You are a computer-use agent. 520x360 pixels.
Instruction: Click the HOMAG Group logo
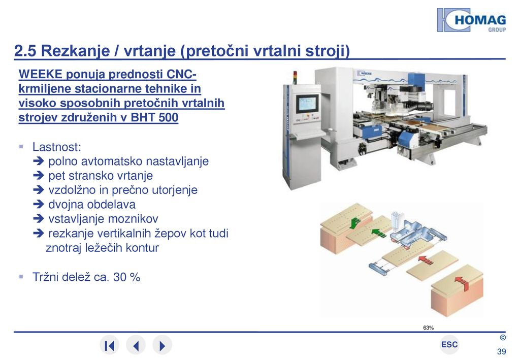(x=472, y=20)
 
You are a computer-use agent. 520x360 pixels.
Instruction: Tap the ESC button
(x=449, y=345)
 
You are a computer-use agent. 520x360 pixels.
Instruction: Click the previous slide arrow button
(x=136, y=345)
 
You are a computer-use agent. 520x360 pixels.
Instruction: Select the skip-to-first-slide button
(x=110, y=345)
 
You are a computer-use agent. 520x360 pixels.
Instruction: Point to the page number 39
(x=501, y=352)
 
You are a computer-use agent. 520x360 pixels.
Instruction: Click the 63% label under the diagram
(x=428, y=328)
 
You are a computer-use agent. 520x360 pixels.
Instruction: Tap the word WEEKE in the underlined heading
(x=41, y=74)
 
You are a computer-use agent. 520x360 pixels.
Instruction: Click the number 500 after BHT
(x=169, y=117)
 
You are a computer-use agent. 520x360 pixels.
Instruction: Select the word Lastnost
(x=57, y=147)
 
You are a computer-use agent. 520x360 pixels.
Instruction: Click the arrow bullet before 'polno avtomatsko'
(x=39, y=161)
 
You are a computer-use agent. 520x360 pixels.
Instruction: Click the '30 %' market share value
(x=126, y=277)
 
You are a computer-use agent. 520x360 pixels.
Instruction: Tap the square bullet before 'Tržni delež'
(x=21, y=276)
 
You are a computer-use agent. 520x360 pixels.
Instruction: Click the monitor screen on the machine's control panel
(x=307, y=104)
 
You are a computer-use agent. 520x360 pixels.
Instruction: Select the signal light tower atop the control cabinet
(x=295, y=78)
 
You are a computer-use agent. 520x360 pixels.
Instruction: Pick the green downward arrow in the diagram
(x=355, y=222)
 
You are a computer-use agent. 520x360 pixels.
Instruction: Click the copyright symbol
(x=503, y=338)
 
